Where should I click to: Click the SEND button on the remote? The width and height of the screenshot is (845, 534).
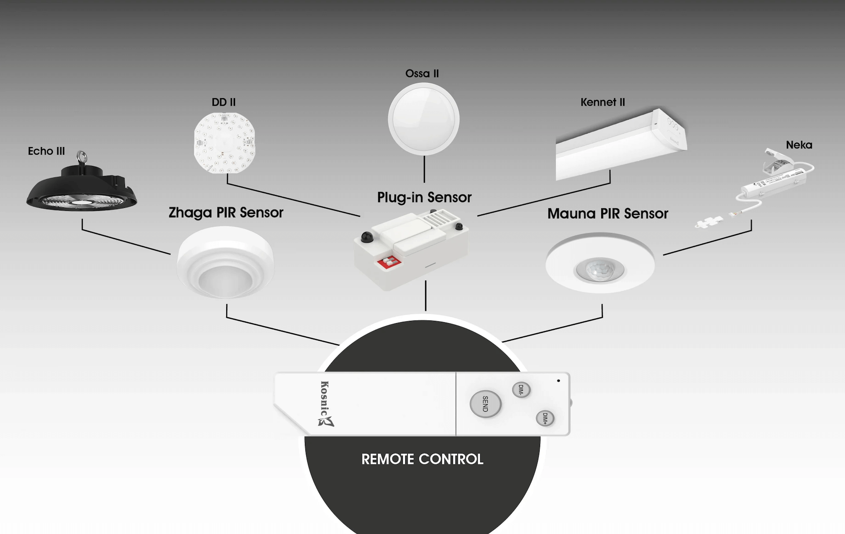coord(485,404)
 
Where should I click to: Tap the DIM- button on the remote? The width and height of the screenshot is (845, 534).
coord(521,390)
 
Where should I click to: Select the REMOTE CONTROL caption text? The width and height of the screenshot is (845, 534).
coord(422,459)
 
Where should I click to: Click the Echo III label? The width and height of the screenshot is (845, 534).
coord(46,151)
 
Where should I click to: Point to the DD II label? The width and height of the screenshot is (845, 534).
coord(224,102)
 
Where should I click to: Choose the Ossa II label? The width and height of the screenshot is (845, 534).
coord(422,74)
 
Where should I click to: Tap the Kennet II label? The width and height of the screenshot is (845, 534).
coord(603,102)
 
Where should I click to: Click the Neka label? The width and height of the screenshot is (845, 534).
coord(799,145)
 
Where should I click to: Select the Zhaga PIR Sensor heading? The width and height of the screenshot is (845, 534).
coord(226,213)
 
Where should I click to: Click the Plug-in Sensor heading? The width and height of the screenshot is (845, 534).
coord(424,197)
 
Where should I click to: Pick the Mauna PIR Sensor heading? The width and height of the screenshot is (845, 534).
coord(607,214)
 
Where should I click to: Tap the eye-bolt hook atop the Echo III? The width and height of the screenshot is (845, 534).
coord(81,156)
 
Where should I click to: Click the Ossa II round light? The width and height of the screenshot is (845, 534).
coord(423,119)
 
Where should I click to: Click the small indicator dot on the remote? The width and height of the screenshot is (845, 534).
coord(558,381)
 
